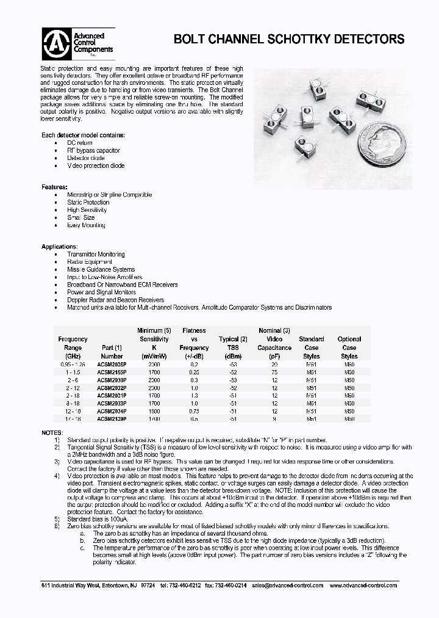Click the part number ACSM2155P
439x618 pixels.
(x=112, y=371)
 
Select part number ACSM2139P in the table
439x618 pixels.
(x=112, y=419)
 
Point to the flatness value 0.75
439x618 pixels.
(x=195, y=411)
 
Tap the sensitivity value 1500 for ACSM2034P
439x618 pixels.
(x=154, y=411)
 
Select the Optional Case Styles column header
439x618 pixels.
(x=349, y=347)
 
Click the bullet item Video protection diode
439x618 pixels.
(x=96, y=165)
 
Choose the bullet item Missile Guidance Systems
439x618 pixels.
(x=101, y=269)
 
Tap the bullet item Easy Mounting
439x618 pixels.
(x=86, y=225)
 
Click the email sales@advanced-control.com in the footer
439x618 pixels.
(x=290, y=585)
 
